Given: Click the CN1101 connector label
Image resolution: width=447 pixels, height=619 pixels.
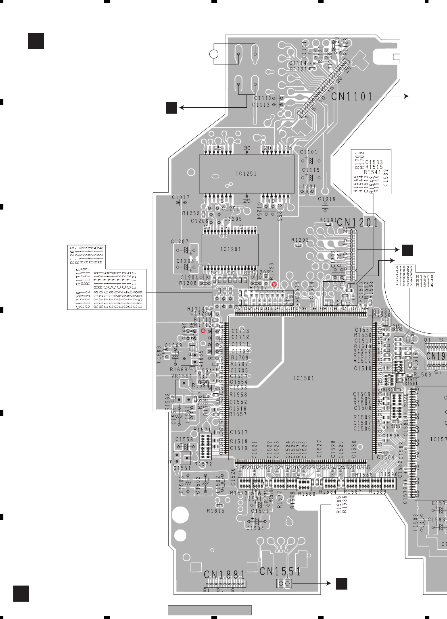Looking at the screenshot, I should point(352,97).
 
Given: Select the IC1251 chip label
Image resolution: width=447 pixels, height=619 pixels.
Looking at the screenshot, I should point(246,174).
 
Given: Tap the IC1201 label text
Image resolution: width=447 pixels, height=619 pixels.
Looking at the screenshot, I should point(230,249).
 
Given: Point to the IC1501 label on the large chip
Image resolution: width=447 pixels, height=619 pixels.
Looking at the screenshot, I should point(303,378).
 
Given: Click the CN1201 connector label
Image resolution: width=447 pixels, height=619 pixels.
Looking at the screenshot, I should point(357,222).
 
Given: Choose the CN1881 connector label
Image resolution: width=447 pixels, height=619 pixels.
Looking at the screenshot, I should point(224,575).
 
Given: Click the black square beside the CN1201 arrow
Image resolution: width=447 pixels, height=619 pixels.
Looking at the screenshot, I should point(407,250).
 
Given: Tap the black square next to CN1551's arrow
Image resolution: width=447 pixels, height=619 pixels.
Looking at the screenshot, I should point(342,584).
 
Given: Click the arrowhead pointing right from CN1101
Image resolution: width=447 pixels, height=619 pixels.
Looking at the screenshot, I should point(406,96).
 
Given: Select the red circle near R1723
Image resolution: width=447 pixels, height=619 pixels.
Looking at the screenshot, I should point(274,285).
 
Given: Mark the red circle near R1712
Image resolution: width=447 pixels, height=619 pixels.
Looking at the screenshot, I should point(203,330).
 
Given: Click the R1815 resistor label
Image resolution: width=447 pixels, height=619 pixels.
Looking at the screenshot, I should point(215,511).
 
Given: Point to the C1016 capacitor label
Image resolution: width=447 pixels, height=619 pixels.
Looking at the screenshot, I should point(326,199).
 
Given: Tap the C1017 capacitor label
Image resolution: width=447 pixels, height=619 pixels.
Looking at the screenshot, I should point(180,197).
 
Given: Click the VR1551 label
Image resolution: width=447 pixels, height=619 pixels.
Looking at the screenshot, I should point(182,376).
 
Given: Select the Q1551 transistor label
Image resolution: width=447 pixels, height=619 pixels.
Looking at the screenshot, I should point(182,468).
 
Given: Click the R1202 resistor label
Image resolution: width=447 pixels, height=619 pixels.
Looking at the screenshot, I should point(300,240).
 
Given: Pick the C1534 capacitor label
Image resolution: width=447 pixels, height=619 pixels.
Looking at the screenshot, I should point(255,528).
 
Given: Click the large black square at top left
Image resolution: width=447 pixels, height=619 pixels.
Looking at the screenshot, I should point(36,41).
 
